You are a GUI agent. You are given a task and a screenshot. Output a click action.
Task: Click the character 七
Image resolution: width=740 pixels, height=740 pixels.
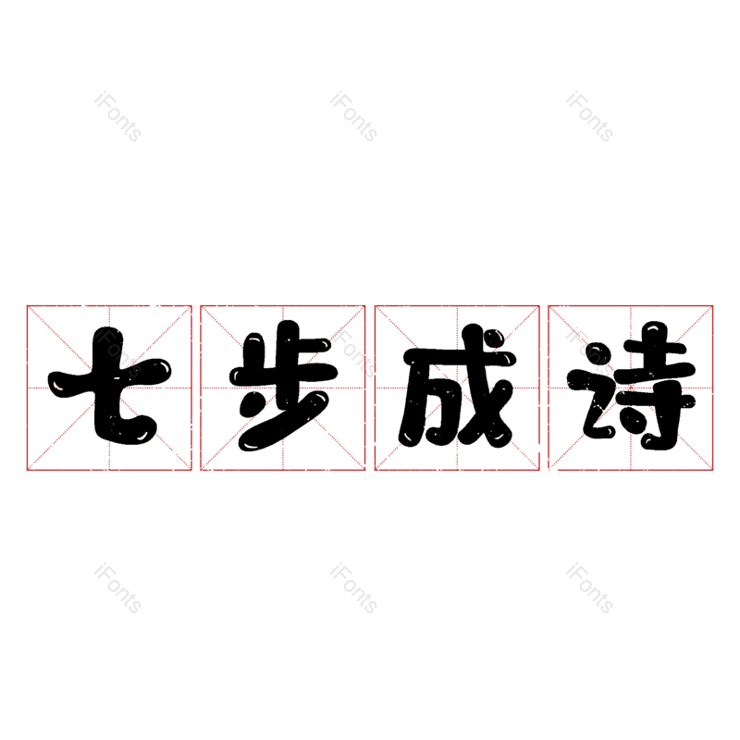click(x=109, y=386)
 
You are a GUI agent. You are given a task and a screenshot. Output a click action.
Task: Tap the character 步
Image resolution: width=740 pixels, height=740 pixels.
click(x=283, y=386)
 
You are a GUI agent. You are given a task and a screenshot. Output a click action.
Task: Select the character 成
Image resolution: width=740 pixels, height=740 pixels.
click(x=458, y=386)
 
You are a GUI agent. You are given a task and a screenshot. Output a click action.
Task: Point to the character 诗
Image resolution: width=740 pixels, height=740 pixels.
click(x=632, y=386)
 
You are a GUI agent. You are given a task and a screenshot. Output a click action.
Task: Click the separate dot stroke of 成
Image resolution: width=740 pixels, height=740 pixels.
click(x=494, y=339)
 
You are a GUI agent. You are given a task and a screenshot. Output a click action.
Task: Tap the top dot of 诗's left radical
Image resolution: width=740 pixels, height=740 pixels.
click(x=598, y=354)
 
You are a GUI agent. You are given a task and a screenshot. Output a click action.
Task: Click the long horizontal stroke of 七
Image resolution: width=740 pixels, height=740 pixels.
click(x=109, y=376)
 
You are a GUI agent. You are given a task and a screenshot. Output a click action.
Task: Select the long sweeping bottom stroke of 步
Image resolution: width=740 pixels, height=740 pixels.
click(x=284, y=421)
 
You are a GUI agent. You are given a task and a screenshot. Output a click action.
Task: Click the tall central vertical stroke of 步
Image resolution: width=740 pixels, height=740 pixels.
click(x=288, y=350)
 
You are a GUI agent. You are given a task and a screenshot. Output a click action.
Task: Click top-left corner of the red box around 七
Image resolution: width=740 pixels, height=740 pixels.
click(x=27, y=306)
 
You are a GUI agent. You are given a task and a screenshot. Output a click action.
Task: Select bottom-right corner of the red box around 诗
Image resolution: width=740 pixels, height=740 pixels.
click(x=712, y=470)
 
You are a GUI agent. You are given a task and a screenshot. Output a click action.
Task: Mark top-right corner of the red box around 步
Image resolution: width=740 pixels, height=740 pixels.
click(x=365, y=306)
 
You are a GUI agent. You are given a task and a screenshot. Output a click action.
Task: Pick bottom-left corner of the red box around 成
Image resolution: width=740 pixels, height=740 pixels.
click(x=375, y=470)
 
